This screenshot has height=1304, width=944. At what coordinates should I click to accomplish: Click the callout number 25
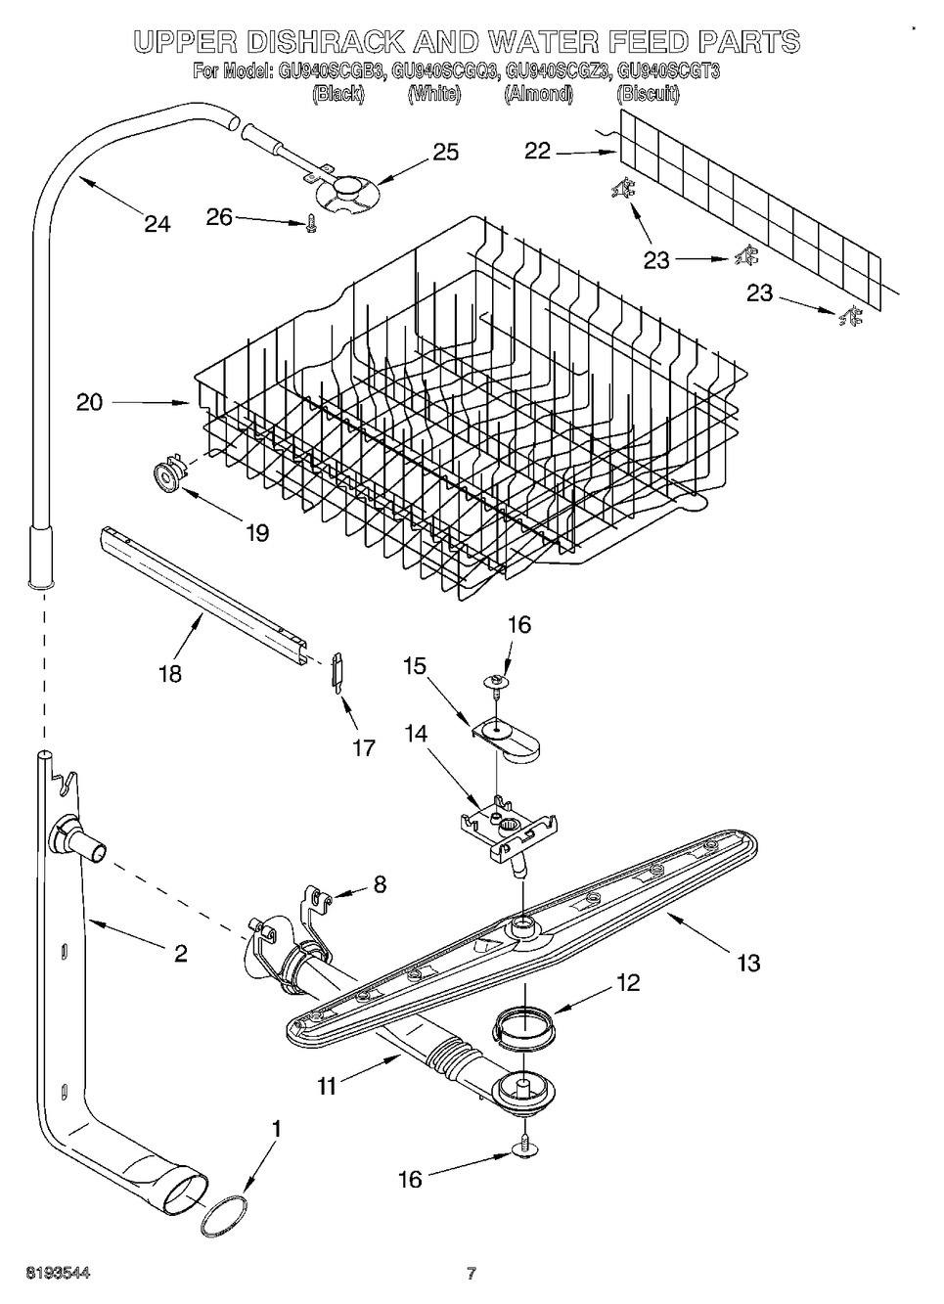[x=446, y=152]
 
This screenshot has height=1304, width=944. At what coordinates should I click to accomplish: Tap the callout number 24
[x=157, y=224]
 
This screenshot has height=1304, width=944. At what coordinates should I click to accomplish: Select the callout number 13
[x=748, y=963]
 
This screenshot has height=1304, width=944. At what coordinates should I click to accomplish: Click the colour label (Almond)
[x=538, y=94]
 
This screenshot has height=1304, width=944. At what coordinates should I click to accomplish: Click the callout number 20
[x=90, y=403]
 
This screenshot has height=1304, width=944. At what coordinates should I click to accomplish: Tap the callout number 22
[x=537, y=152]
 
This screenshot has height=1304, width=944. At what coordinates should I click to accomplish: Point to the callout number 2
[x=180, y=953]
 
